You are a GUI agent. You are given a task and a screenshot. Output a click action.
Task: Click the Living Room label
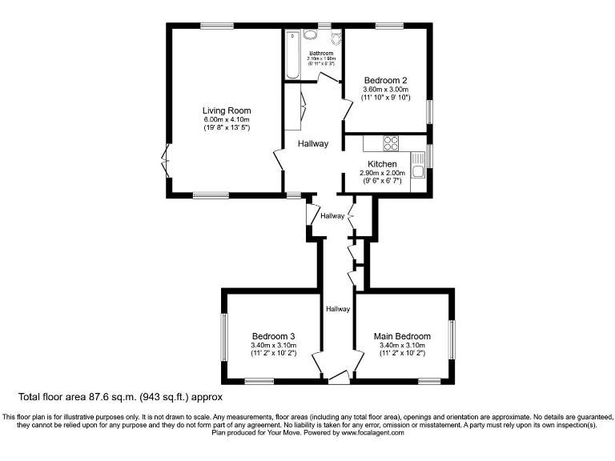click(x=227, y=110)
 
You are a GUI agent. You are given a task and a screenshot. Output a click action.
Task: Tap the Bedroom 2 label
click(x=386, y=80)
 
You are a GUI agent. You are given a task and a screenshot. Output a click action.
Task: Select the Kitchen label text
click(x=382, y=164)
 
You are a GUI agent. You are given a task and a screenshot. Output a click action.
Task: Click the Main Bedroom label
click(x=402, y=336)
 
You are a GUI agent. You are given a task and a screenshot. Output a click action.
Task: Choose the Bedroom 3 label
click(x=274, y=336)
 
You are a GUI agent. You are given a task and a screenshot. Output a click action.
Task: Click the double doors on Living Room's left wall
click(x=166, y=160)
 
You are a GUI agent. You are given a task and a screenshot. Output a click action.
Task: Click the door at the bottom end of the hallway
click(x=339, y=378)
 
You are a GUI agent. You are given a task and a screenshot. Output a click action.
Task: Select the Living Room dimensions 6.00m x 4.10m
click(x=227, y=120)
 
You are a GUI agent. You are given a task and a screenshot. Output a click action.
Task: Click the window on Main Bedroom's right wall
click(x=452, y=339)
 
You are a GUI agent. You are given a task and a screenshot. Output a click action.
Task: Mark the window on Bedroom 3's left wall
click(x=224, y=339)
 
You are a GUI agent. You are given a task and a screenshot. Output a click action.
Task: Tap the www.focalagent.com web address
click(x=372, y=432)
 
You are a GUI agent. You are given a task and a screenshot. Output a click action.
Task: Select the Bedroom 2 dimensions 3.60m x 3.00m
click(x=386, y=90)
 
